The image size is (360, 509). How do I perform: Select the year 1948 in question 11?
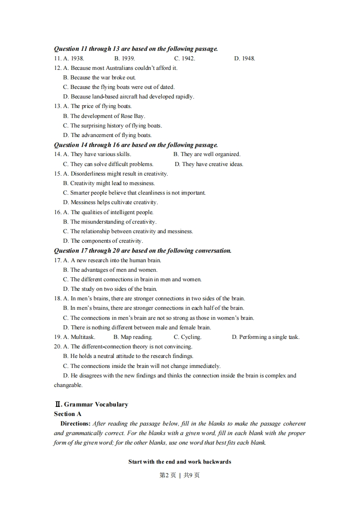245,59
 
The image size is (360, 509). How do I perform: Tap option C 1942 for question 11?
185,59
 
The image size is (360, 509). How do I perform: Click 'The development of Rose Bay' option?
104,116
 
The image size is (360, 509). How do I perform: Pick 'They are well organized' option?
207,154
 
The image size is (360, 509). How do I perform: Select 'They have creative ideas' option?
209,164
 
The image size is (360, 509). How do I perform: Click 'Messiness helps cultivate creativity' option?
110,202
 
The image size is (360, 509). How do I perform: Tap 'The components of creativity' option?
103,241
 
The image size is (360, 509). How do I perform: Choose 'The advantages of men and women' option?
110,270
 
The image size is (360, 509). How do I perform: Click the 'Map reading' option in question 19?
133,337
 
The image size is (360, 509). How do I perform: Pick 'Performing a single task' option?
266,337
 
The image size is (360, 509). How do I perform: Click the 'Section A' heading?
68,414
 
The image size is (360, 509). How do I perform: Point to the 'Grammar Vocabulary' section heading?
91,404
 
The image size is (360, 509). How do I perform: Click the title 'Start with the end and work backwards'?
180,462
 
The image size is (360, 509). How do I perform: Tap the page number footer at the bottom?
180,475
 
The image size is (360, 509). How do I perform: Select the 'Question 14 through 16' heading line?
136,145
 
